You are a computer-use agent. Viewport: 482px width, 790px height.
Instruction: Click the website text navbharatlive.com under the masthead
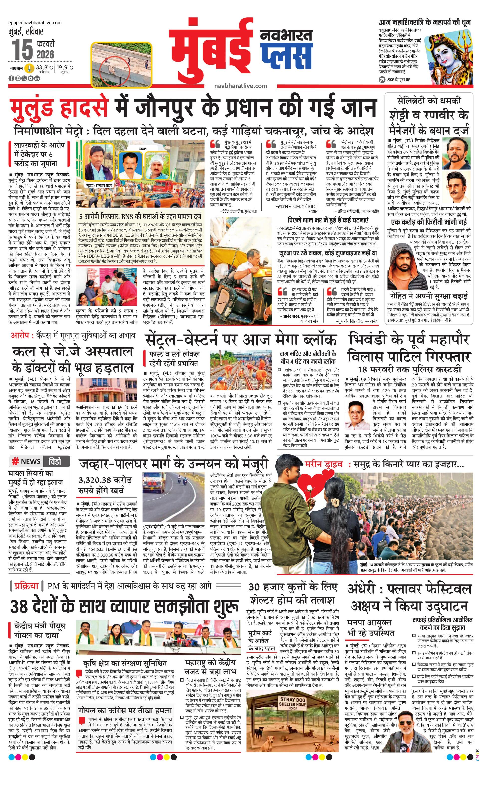(241, 86)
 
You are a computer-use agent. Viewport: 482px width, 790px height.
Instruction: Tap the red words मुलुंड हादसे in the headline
(58, 108)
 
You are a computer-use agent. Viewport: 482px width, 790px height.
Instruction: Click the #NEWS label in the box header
(26, 461)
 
